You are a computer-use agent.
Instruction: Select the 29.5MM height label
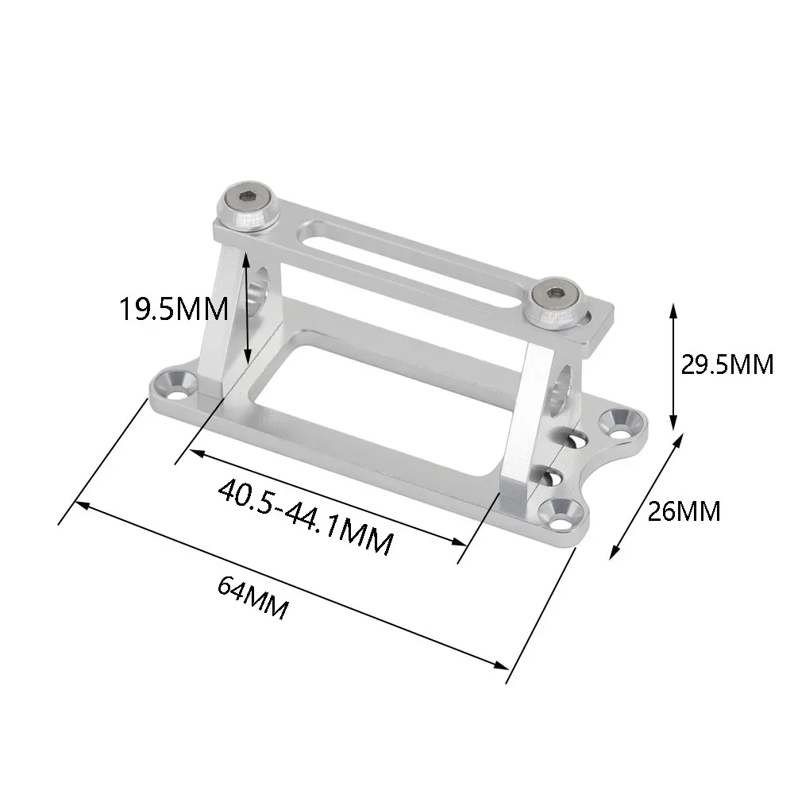click(x=727, y=364)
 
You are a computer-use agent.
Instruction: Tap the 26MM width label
click(x=684, y=511)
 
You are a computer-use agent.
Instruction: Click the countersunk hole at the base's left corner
click(x=176, y=383)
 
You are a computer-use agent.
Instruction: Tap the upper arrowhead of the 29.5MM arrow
click(x=673, y=306)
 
